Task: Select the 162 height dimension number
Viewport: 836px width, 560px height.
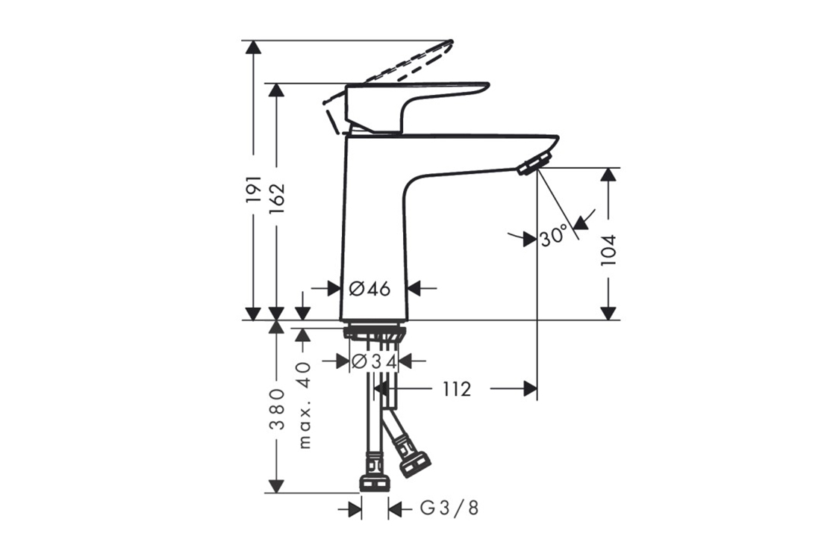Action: pyautogui.click(x=277, y=199)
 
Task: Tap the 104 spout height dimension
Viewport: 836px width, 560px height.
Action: pyautogui.click(x=608, y=250)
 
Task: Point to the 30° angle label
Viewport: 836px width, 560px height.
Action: pyautogui.click(x=554, y=235)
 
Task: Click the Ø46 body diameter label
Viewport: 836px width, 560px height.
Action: pyautogui.click(x=369, y=289)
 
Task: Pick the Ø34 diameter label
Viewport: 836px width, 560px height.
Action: pyautogui.click(x=375, y=362)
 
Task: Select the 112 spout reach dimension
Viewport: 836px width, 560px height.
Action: pyautogui.click(x=457, y=389)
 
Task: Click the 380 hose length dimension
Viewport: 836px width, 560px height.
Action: pyautogui.click(x=277, y=409)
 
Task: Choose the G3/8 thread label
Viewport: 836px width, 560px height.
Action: pyautogui.click(x=449, y=508)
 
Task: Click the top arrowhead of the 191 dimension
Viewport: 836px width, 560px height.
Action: pyautogui.click(x=254, y=46)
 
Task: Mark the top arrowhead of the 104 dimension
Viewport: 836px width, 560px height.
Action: pyautogui.click(x=608, y=175)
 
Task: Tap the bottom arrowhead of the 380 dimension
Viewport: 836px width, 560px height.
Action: pyautogui.click(x=276, y=486)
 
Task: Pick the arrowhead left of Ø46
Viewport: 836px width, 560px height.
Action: pyautogui.click(x=334, y=288)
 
